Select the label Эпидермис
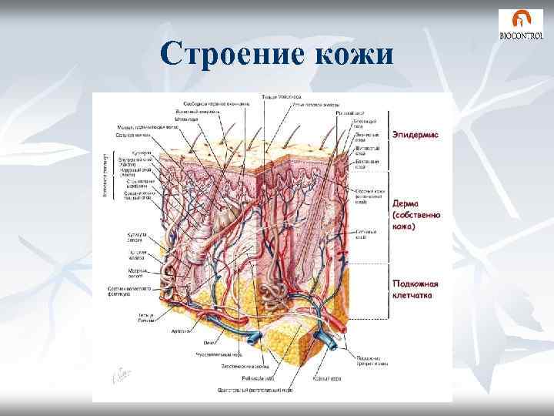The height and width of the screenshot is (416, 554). pyautogui.click(x=416, y=134)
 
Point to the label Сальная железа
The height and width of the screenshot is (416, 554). pyautogui.click(x=132, y=136)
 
